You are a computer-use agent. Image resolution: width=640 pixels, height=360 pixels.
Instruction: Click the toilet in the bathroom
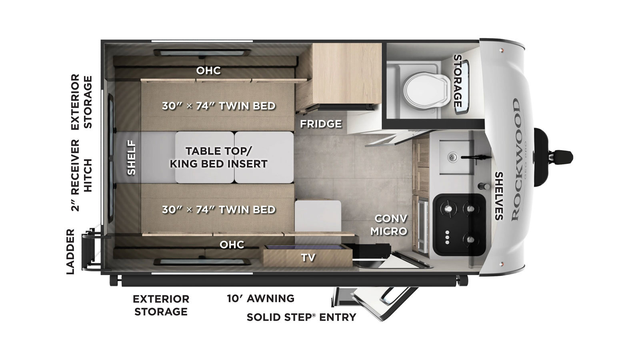(426, 90)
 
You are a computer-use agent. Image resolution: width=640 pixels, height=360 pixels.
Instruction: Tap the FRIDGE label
(321, 124)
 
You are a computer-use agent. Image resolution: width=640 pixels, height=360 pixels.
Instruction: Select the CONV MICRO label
(390, 225)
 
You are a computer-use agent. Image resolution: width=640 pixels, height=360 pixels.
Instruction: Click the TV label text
(308, 258)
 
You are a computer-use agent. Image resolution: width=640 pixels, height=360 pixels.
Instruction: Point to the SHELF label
(131, 158)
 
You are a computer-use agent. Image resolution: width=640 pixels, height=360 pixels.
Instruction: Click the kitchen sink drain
(452, 157)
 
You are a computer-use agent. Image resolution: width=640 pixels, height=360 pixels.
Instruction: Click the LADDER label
(70, 252)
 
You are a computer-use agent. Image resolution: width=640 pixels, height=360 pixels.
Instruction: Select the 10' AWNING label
(260, 298)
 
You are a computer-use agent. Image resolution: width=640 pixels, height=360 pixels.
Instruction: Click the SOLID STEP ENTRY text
(302, 317)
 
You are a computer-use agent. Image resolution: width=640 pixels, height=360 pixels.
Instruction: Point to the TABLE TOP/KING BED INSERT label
(218, 158)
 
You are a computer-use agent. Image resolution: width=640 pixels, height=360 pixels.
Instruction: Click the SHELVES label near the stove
(499, 196)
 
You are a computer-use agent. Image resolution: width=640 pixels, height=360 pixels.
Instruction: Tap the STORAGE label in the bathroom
(458, 81)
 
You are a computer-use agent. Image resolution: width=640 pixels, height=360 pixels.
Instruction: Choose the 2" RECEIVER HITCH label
(82, 175)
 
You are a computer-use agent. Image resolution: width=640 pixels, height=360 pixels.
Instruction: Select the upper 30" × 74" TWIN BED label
(218, 106)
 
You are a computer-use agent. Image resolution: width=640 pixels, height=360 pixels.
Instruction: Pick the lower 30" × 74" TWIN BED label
(218, 210)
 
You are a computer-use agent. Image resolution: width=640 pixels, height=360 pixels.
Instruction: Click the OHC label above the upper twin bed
(208, 70)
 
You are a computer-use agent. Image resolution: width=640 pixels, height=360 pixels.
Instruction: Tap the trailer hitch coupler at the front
(553, 158)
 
